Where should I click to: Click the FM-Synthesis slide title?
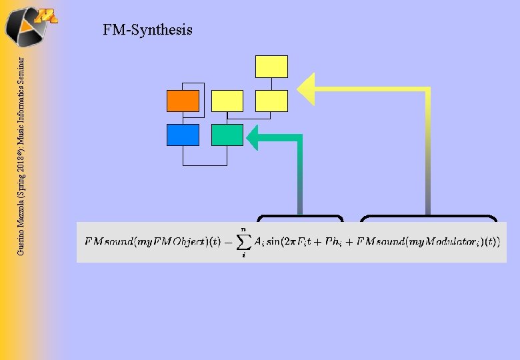[x=147, y=30]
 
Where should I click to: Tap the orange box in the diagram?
[x=183, y=101]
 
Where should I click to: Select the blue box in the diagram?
[x=183, y=135]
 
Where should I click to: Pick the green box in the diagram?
[x=227, y=135]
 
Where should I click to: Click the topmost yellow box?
[x=271, y=67]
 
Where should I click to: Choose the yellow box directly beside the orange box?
[x=227, y=101]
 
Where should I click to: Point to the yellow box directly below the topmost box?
[x=271, y=101]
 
